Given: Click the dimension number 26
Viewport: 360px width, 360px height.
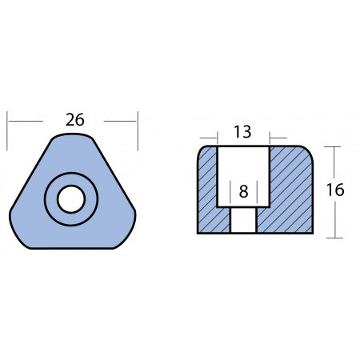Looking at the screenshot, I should pyautogui.click(x=74, y=120).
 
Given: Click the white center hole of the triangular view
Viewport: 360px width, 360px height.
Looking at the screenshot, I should pyautogui.click(x=71, y=199).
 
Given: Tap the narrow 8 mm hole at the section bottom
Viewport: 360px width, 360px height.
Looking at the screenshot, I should pyautogui.click(x=243, y=220).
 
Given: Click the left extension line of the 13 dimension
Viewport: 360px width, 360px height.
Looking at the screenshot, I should pyautogui.click(x=217, y=138).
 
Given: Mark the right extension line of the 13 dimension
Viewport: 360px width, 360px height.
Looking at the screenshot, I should pyautogui.click(x=270, y=138).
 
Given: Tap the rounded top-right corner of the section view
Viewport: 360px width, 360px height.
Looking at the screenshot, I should pyautogui.click(x=308, y=151).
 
